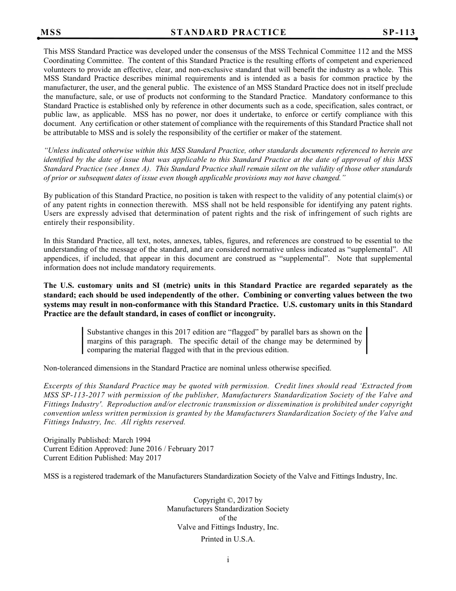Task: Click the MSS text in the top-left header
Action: point(51,32)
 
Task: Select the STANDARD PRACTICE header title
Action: point(228,32)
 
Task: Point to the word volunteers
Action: point(60,70)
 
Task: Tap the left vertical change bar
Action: point(83,341)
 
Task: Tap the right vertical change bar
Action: point(367,341)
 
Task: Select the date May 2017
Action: point(145,458)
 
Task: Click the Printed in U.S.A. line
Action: point(228,539)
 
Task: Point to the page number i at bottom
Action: point(228,560)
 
